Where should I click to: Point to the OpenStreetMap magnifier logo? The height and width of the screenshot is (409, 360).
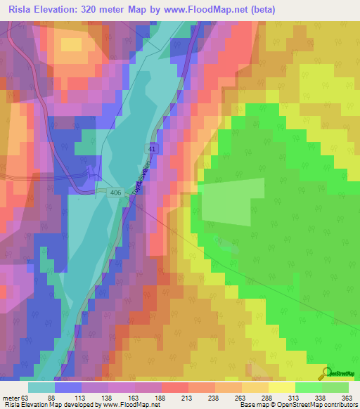coord(326,372)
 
